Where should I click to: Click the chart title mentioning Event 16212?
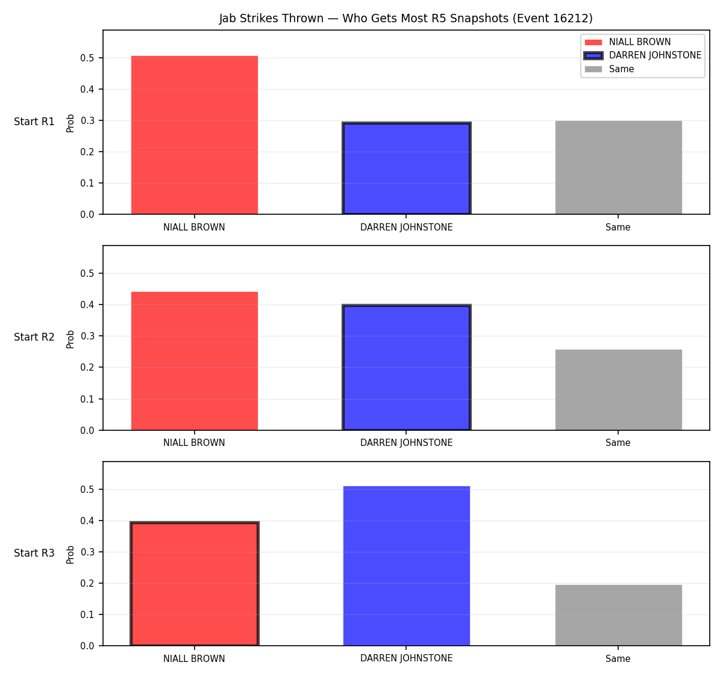(x=405, y=18)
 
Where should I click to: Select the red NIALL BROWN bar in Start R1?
(x=195, y=135)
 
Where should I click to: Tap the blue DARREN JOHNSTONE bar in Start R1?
(x=406, y=168)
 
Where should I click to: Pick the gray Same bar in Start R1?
(x=618, y=167)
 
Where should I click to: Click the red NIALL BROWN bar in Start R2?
(x=195, y=361)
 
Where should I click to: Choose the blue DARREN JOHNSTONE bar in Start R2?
(x=406, y=368)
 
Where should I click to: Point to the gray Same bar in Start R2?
(x=618, y=389)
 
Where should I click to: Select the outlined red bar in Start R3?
(x=195, y=584)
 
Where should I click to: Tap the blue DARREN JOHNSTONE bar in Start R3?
(x=406, y=566)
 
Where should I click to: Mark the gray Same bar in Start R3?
(x=618, y=615)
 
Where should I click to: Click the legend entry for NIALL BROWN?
(x=628, y=42)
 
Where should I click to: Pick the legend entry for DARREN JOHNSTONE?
(x=642, y=55)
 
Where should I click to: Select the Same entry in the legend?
(x=609, y=69)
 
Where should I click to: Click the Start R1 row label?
(x=34, y=122)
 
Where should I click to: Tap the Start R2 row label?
(x=34, y=337)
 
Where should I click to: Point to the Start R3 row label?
(x=34, y=552)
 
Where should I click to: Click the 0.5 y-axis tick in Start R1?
(x=87, y=58)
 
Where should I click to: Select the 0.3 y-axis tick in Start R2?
(x=87, y=336)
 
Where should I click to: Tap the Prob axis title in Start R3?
(x=70, y=555)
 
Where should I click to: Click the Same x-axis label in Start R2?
(x=618, y=443)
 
